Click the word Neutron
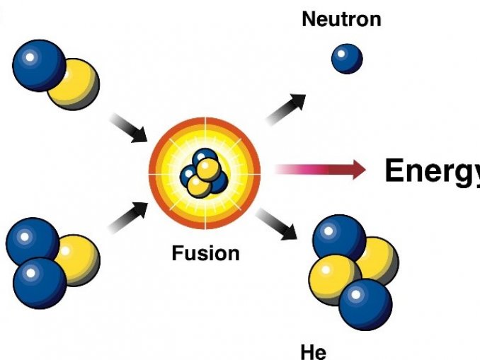coord(341,19)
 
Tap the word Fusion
coord(205,253)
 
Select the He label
coord(314,352)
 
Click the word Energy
coord(433,171)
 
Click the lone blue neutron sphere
coord(347,59)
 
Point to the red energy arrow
coord(321,169)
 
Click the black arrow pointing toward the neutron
coord(286,109)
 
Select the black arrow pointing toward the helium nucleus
coord(277,224)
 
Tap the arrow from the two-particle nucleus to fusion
coord(129,128)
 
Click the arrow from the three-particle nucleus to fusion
coord(128,217)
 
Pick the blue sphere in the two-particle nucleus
coord(39,66)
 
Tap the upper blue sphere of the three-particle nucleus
coord(33,243)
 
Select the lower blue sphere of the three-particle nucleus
coord(40,283)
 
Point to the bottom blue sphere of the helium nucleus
coord(365,305)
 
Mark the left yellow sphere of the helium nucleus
coord(332,279)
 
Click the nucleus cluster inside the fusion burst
coord(204,173)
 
